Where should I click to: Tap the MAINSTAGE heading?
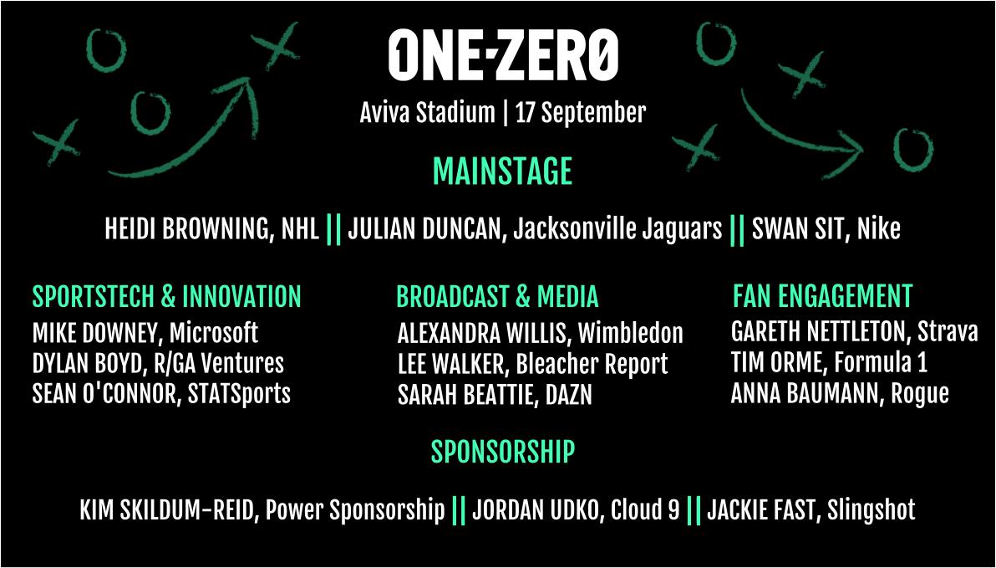pos(502,171)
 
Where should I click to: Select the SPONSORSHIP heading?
pos(502,452)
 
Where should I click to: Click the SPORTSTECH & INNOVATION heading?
pos(166,297)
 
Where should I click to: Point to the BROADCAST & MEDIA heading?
pos(497,297)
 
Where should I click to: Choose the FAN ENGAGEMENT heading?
pos(822,296)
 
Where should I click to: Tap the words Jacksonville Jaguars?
pos(617,229)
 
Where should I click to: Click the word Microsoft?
pos(214,333)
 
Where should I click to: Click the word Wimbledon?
pos(630,334)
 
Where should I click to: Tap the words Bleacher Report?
pos(592,364)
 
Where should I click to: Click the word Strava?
pos(947,332)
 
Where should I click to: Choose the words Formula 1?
pos(881,363)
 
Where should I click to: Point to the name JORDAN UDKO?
pos(535,509)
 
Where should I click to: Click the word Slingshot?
pos(871,509)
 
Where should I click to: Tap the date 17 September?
pos(581,113)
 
